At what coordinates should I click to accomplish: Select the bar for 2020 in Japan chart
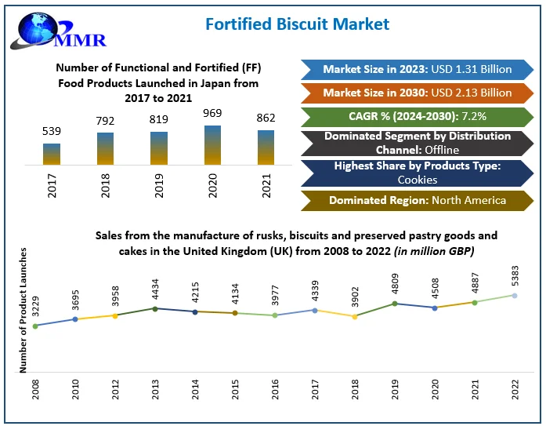[x=212, y=145]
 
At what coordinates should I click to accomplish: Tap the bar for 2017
[x=52, y=154]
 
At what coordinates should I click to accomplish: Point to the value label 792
[x=104, y=122]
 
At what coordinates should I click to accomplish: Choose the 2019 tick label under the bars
[x=159, y=185]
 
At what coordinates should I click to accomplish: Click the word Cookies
[x=417, y=179]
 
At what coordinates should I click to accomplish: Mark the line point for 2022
[x=515, y=295]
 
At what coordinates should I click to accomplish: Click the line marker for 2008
[x=35, y=326]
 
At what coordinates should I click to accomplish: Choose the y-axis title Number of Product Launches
[x=23, y=309]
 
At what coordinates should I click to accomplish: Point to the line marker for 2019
[x=395, y=303]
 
